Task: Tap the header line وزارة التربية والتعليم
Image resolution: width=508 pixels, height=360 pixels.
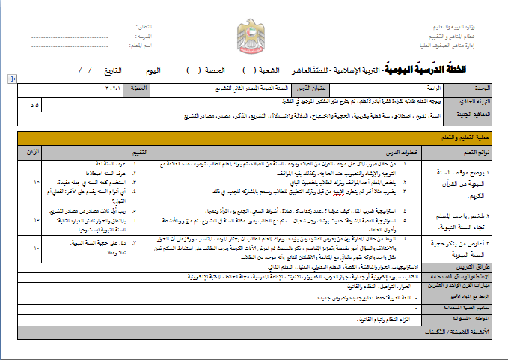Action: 474,28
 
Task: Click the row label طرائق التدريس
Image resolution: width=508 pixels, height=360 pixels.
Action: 474,266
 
